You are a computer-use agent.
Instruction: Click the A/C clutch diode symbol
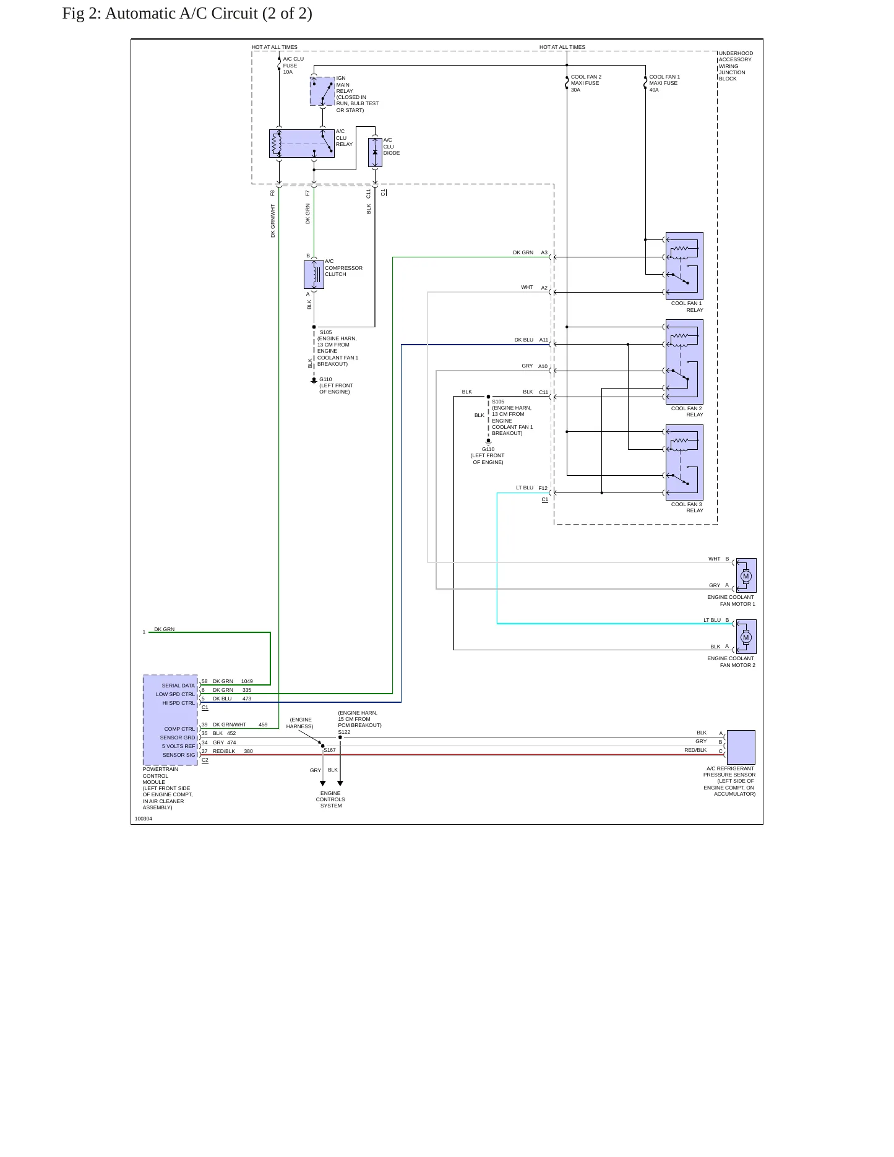[375, 152]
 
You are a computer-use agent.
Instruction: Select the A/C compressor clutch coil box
[314, 275]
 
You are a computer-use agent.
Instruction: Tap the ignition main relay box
[322, 91]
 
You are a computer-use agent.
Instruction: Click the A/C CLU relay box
[302, 144]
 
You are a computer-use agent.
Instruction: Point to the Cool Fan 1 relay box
[684, 266]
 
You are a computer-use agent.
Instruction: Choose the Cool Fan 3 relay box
[684, 462]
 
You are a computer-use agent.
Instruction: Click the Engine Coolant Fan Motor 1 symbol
[746, 575]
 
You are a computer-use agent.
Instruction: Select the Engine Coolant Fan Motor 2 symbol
[746, 637]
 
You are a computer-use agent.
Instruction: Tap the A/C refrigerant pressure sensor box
[741, 747]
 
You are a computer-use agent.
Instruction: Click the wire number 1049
[247, 681]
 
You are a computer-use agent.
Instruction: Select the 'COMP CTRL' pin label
[179, 729]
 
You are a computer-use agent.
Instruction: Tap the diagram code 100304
[144, 819]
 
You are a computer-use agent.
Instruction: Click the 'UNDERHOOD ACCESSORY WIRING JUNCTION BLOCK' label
[736, 66]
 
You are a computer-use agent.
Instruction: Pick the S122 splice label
[344, 732]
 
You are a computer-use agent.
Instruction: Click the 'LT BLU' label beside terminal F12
[525, 488]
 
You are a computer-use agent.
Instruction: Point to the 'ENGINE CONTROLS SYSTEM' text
[330, 799]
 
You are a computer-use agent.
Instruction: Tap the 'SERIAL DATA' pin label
[178, 686]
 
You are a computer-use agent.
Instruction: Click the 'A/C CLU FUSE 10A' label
[293, 66]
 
